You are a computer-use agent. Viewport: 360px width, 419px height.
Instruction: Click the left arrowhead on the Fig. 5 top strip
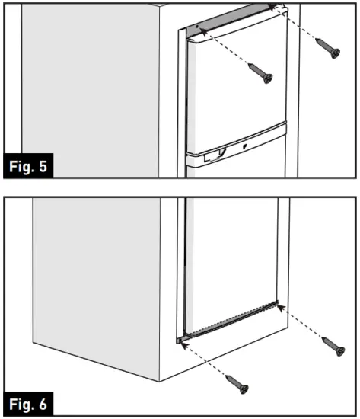[x=200, y=26]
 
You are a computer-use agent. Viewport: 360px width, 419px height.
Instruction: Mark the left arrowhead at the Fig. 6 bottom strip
[x=184, y=342]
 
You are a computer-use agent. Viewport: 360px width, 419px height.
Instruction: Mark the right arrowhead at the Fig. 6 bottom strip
[x=279, y=306]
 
